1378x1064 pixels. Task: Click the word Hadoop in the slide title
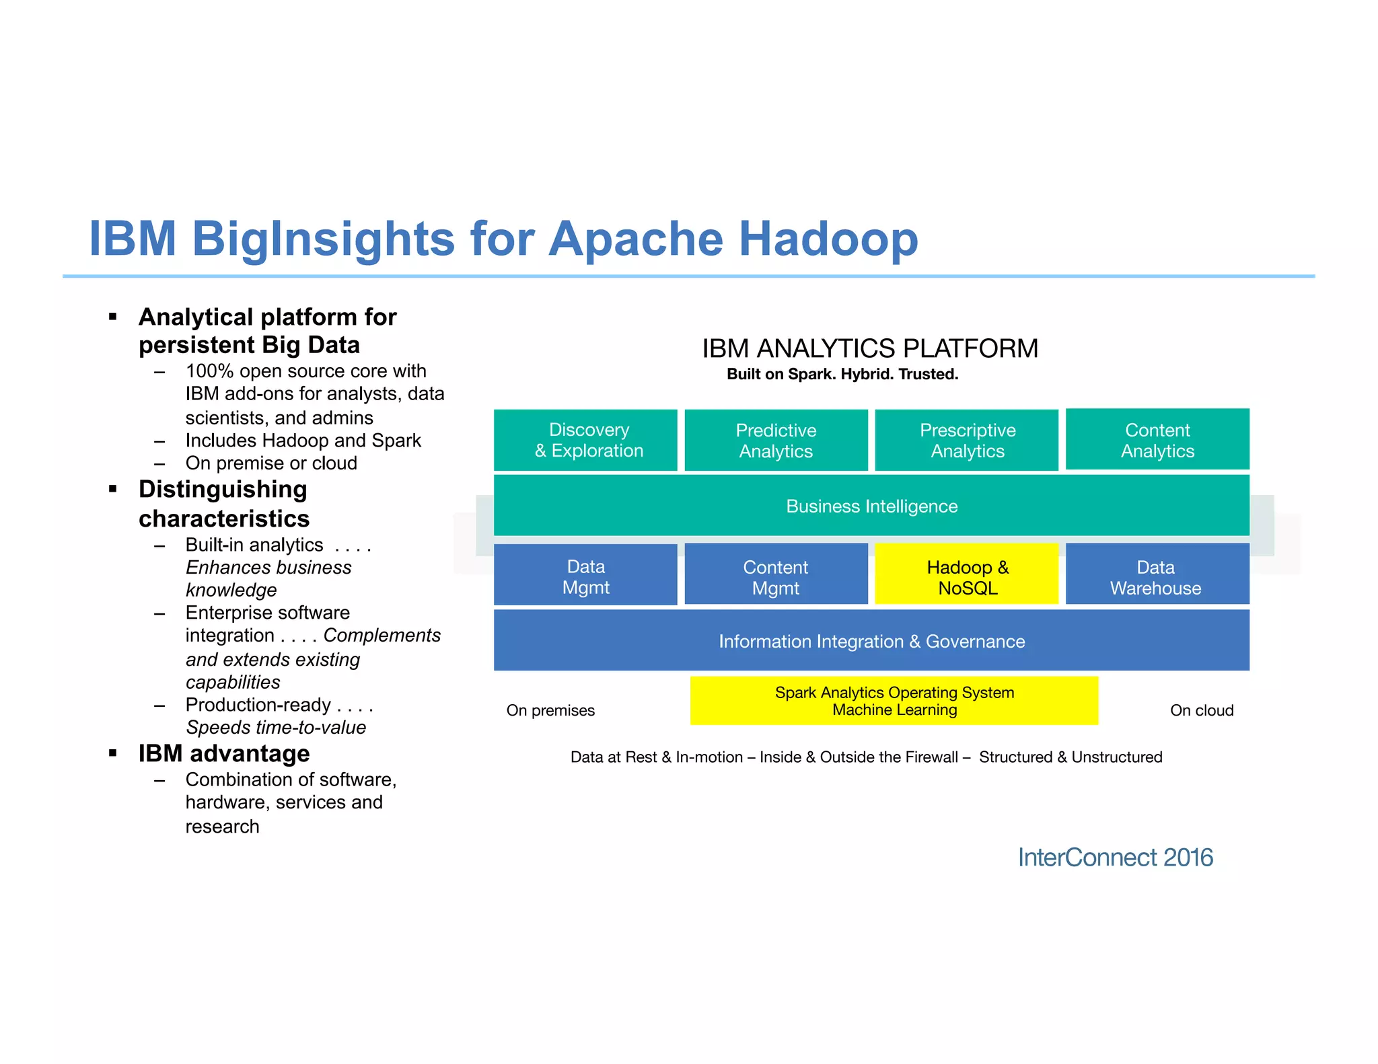(828, 239)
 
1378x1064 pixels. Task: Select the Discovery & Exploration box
(585, 440)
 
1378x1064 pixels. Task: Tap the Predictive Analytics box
(776, 441)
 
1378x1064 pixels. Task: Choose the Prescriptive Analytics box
(967, 441)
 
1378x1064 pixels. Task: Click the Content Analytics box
(1157, 439)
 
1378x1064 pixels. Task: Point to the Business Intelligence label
(871, 506)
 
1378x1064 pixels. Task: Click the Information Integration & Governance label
(871, 642)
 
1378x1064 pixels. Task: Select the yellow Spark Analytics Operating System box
(894, 701)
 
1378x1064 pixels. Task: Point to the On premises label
(550, 711)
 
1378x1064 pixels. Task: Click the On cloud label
(1202, 711)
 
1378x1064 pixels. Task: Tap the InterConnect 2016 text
(1115, 858)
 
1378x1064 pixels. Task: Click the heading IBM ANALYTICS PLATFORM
(870, 349)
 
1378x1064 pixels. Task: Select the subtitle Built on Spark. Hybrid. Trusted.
(842, 375)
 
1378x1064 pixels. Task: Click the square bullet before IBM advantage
(113, 753)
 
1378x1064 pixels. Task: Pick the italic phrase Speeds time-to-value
(276, 728)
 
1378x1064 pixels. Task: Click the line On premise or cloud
(271, 463)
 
